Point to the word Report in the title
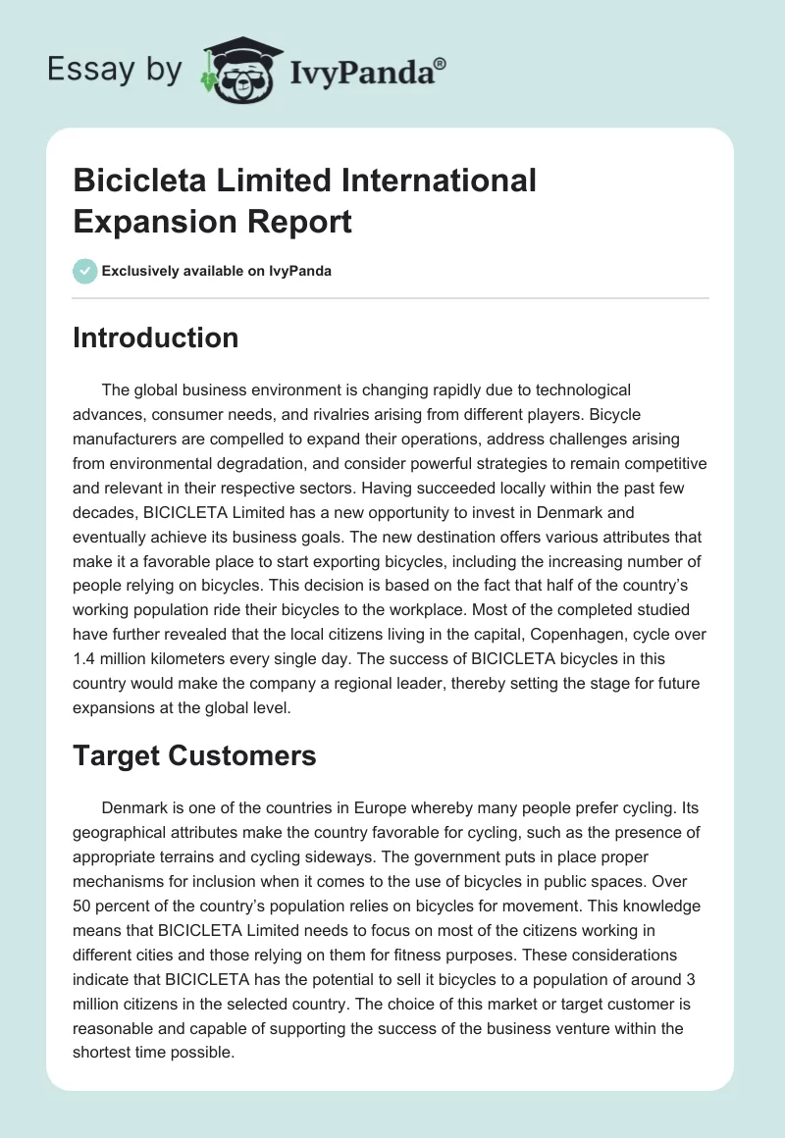303,222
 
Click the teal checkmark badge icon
85,271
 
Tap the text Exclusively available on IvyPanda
217,272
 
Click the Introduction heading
156,337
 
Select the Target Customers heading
194,755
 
